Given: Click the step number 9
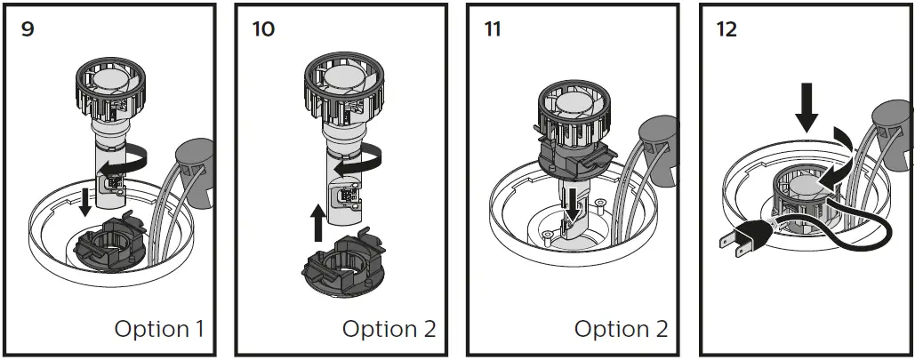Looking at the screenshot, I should point(28,29).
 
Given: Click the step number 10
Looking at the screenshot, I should point(263,29).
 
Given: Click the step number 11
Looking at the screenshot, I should point(493,29).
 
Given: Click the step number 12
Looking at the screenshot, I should point(726,29).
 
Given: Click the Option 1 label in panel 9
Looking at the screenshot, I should point(159,329).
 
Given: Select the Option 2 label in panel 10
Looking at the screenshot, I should point(389,329).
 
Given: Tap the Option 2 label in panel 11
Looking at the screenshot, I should point(621,329).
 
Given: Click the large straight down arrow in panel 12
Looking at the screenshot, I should point(807,108).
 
